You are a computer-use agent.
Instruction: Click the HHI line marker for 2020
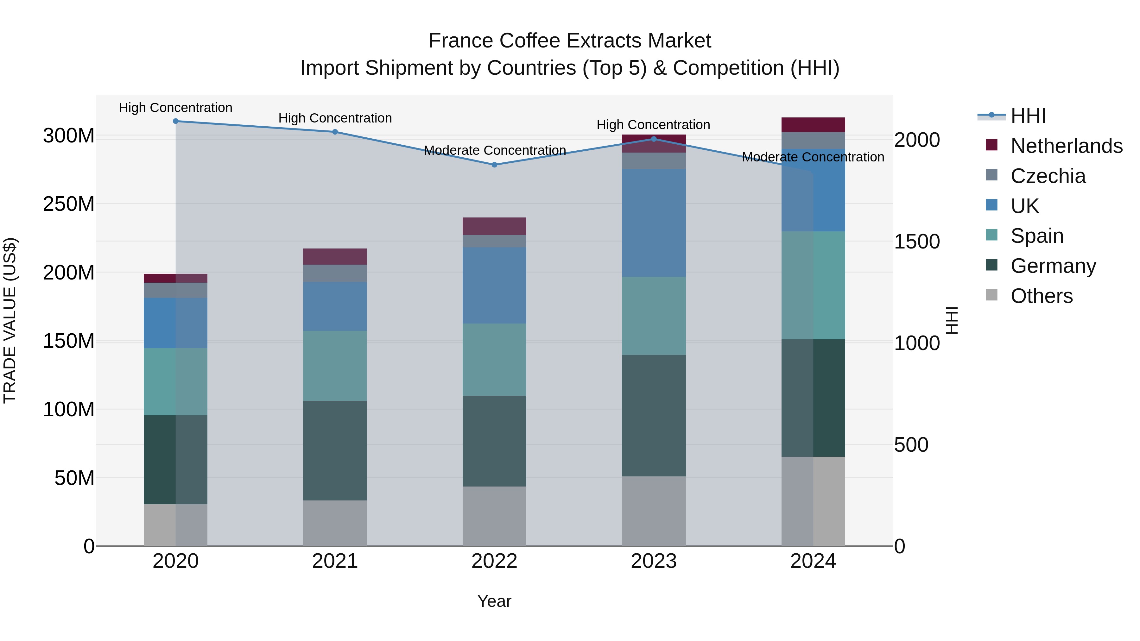(176, 121)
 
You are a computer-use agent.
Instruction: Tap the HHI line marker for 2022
(494, 165)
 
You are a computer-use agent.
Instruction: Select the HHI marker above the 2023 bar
(654, 139)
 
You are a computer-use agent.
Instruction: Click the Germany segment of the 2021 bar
(335, 450)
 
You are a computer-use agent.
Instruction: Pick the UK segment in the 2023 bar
(654, 223)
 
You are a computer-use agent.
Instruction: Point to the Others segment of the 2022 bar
(494, 516)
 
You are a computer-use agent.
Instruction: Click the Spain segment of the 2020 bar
(176, 381)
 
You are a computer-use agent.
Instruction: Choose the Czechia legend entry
(1048, 176)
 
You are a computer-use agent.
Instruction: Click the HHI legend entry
(1028, 116)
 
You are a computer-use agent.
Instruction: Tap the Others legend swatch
(992, 295)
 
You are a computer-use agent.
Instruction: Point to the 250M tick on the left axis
(69, 204)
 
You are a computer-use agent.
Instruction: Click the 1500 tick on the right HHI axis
(916, 242)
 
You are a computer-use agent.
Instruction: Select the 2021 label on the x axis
(335, 561)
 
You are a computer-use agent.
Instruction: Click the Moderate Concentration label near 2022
(494, 150)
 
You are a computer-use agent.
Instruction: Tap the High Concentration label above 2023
(653, 125)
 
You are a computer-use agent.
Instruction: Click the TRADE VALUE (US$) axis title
(10, 320)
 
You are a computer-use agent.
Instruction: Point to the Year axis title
(494, 601)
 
